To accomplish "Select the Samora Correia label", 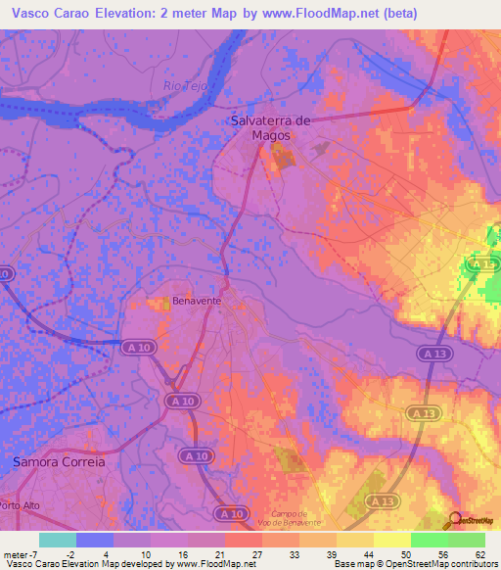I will [58, 460].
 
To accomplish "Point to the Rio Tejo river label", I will [185, 86].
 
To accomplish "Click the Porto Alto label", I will [19, 505].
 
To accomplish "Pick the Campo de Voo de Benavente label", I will [291, 519].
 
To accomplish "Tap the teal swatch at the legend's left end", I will [57, 540].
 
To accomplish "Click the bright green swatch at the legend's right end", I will [466, 540].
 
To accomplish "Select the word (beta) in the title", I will [400, 14].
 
